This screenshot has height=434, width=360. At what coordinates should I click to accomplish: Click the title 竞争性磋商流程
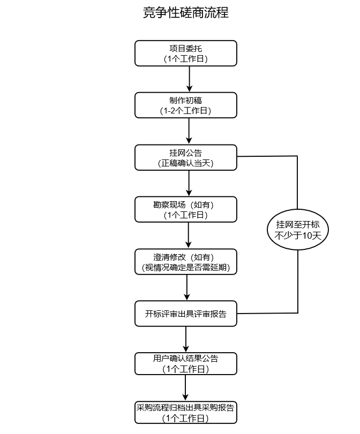click(x=185, y=13)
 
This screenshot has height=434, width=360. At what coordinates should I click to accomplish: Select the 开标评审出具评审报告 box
click(x=185, y=314)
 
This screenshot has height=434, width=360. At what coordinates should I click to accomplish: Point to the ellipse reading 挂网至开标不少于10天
click(x=297, y=230)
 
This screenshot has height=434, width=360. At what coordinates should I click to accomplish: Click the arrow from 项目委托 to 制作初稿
click(x=189, y=79)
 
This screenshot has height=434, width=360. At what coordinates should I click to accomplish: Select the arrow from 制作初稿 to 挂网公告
click(x=189, y=131)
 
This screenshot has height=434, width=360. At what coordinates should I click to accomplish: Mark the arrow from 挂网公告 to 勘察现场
click(x=189, y=184)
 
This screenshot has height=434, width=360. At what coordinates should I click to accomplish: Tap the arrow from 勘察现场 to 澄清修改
click(x=189, y=235)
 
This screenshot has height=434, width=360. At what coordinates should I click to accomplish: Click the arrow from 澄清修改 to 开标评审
click(x=187, y=288)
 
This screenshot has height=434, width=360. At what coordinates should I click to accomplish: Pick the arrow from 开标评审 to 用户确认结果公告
click(x=186, y=339)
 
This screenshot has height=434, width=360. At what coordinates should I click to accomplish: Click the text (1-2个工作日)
click(x=185, y=111)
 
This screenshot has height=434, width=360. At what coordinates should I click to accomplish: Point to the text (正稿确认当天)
click(x=185, y=163)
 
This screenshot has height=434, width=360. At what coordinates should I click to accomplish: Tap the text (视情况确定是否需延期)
click(x=185, y=268)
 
